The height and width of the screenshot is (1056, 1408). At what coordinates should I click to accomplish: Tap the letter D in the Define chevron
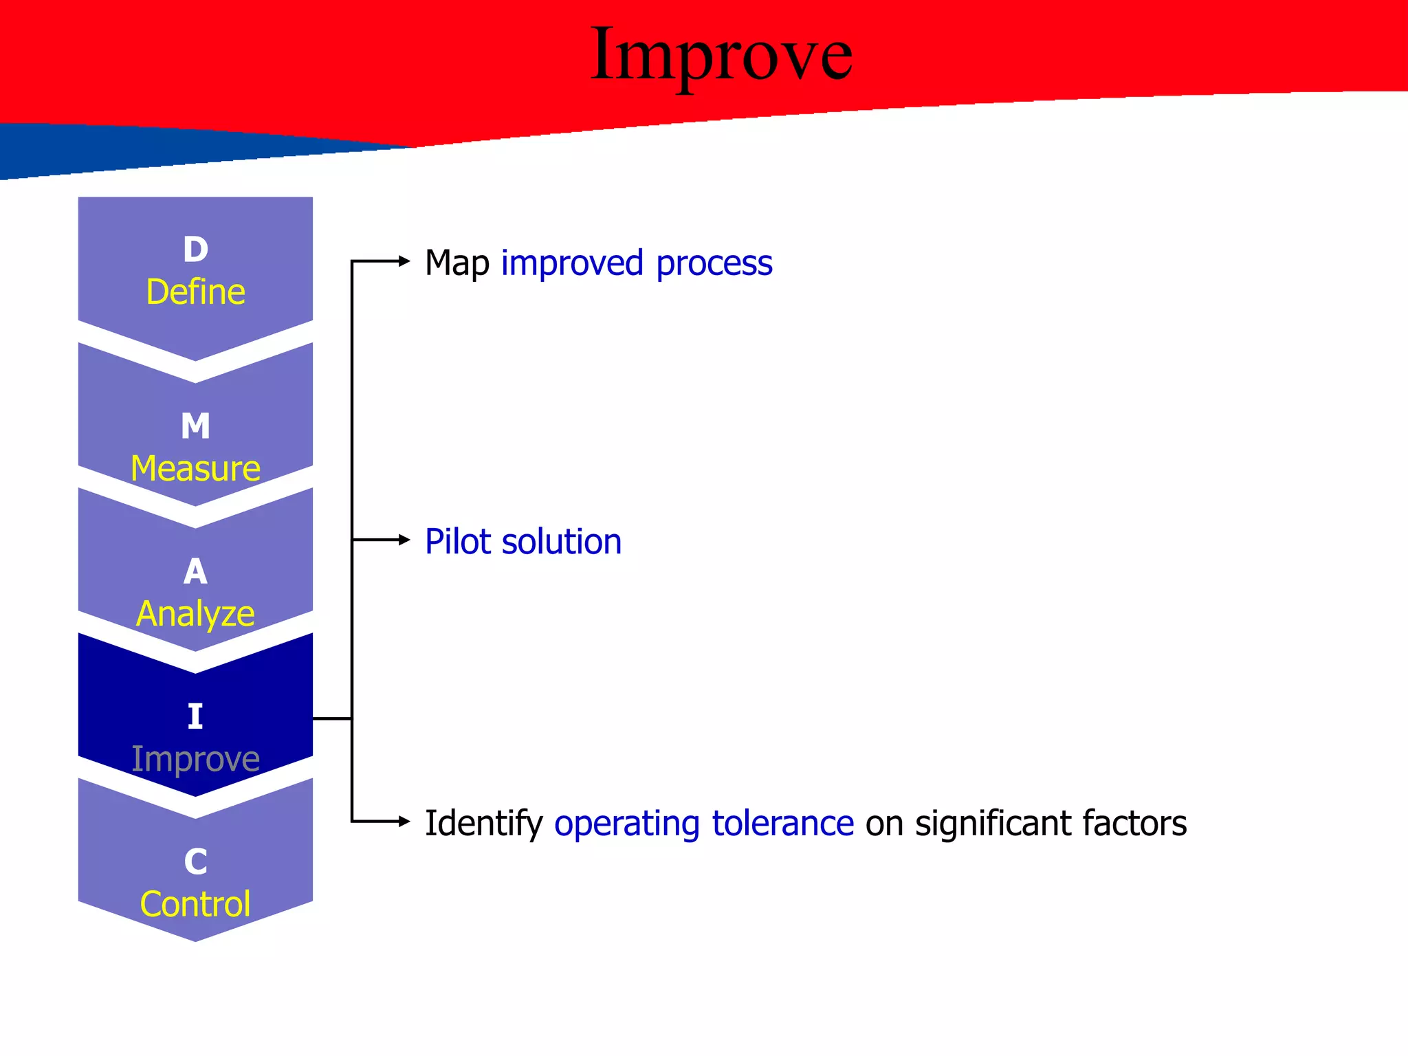pyautogui.click(x=196, y=250)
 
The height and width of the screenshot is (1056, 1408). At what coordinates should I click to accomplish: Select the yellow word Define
pyautogui.click(x=196, y=292)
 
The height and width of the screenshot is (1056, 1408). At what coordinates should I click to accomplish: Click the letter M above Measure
pyautogui.click(x=196, y=426)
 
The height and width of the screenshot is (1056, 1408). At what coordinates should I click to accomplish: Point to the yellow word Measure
pyautogui.click(x=196, y=469)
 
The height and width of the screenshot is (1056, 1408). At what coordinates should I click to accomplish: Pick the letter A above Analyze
pyautogui.click(x=196, y=572)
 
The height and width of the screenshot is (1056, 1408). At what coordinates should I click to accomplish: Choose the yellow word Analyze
pyautogui.click(x=196, y=614)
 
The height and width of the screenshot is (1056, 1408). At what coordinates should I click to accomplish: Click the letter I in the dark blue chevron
pyautogui.click(x=196, y=717)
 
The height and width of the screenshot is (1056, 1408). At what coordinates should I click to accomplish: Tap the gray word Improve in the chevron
pyautogui.click(x=196, y=759)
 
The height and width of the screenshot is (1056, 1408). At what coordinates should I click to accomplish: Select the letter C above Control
pyautogui.click(x=196, y=862)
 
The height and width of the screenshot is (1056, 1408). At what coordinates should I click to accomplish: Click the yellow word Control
pyautogui.click(x=196, y=904)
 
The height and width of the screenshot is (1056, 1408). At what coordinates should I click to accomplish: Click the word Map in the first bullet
pyautogui.click(x=457, y=264)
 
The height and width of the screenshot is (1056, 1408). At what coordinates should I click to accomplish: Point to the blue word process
pyautogui.click(x=714, y=264)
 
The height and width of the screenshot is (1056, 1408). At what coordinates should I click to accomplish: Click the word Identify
pyautogui.click(x=484, y=824)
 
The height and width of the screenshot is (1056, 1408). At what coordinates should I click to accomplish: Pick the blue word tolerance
pyautogui.click(x=783, y=824)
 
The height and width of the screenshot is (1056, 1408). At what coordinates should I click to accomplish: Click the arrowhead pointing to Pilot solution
pyautogui.click(x=404, y=540)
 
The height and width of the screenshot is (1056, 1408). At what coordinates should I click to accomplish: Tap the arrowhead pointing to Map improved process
pyautogui.click(x=404, y=261)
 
